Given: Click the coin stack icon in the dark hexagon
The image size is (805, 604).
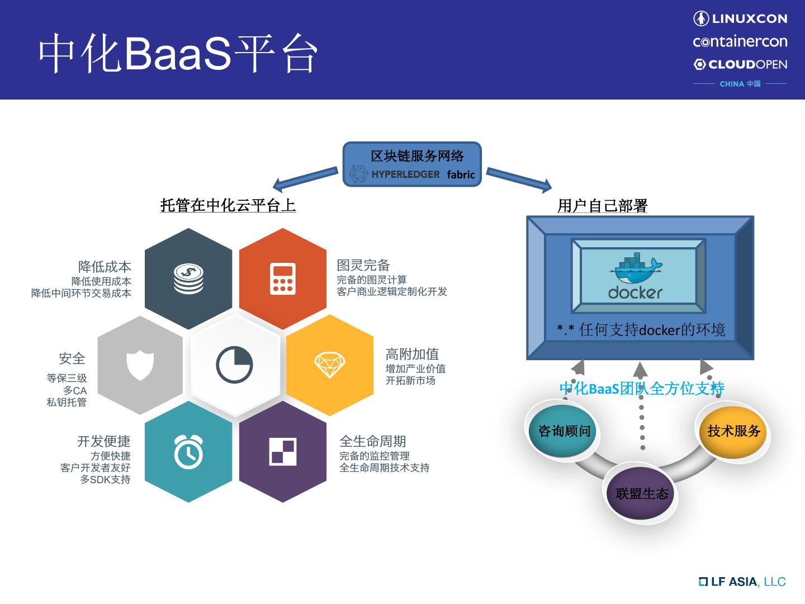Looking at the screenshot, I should (188, 279).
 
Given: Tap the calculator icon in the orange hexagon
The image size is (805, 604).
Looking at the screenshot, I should (283, 279).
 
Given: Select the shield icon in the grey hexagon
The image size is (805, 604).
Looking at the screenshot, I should (140, 365).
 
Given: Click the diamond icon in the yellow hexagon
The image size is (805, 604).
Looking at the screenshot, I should (330, 365).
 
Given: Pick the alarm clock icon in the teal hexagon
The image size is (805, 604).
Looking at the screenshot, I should (188, 452).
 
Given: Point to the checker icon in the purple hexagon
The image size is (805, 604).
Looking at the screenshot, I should (283, 452).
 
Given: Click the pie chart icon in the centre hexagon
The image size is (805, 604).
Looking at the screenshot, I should (235, 365).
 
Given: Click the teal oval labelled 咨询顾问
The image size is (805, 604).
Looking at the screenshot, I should (564, 431).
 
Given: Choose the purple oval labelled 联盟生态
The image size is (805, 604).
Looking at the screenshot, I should (642, 493).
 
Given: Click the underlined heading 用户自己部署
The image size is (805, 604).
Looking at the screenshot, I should (602, 206).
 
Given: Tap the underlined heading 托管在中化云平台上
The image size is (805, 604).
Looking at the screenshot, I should (228, 205).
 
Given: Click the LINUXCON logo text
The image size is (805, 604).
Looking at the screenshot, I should (740, 18).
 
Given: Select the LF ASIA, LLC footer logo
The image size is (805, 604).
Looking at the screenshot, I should (742, 582).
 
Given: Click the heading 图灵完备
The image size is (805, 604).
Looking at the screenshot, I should (363, 265).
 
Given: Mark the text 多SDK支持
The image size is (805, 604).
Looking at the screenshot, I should (105, 479).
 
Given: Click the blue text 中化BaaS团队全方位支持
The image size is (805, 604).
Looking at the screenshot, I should (642, 388).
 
